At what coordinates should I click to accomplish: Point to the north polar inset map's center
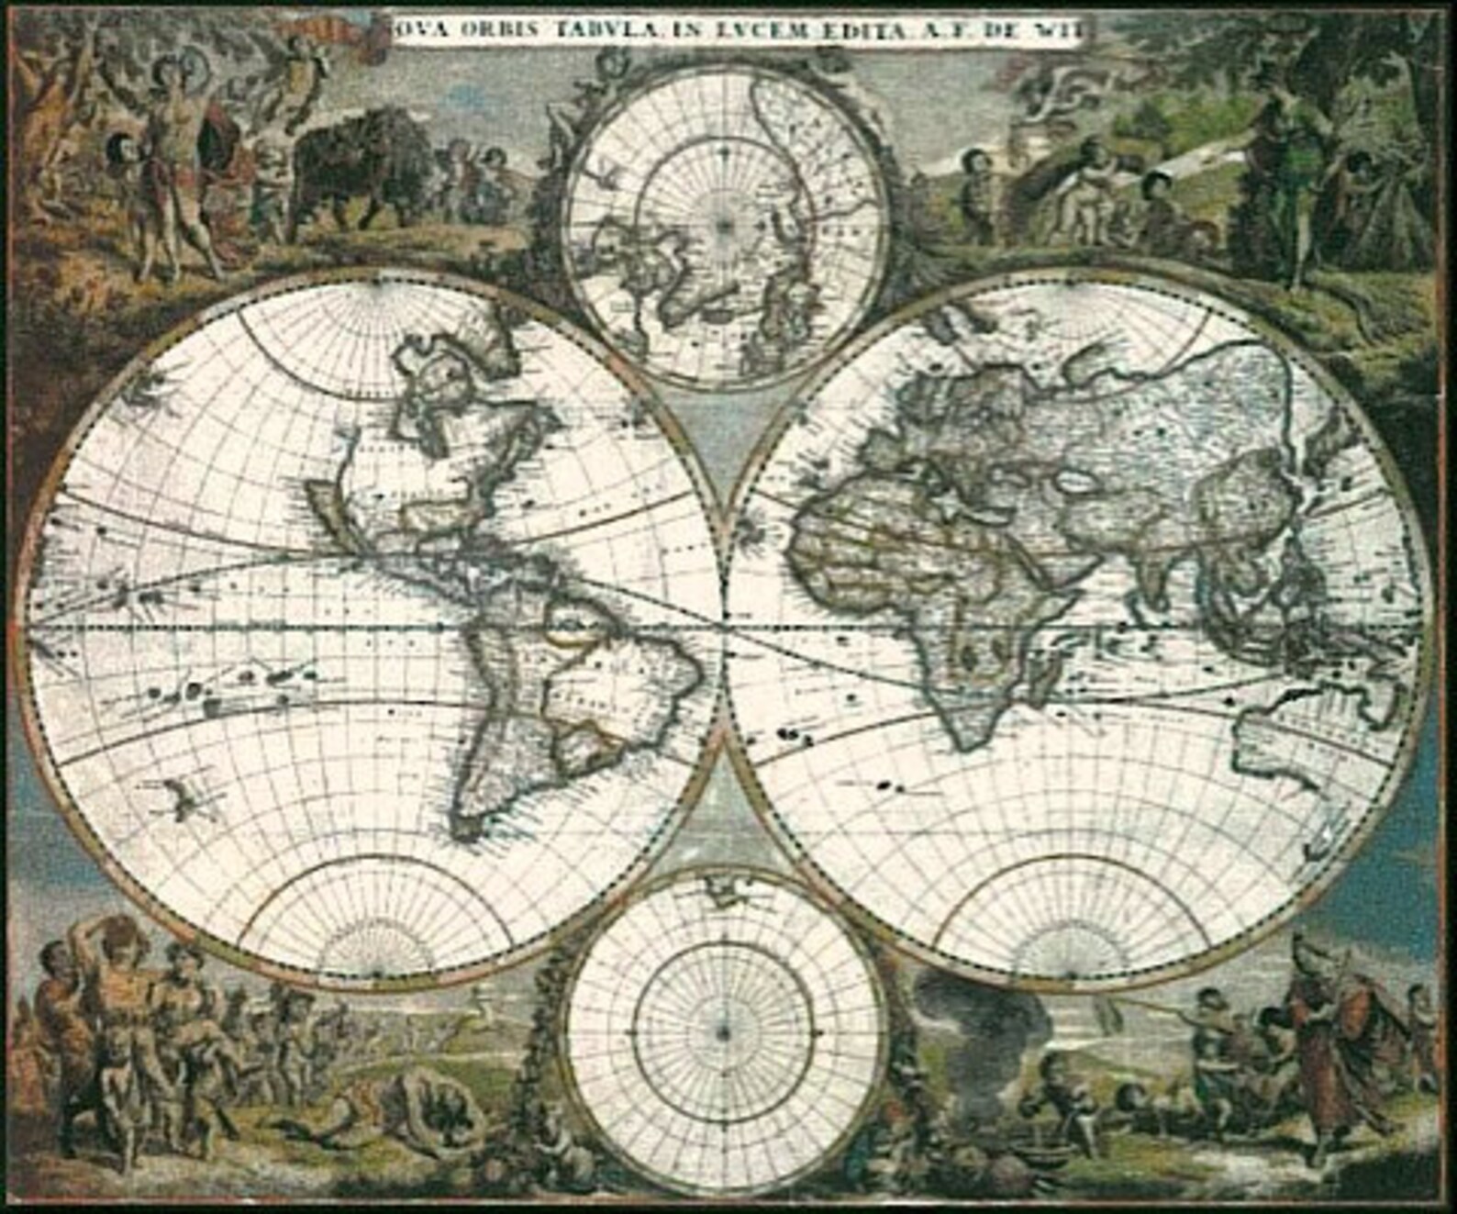724,223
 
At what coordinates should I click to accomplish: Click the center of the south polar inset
724,1032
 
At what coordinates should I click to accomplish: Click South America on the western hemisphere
551,697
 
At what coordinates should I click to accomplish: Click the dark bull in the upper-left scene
358,165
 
